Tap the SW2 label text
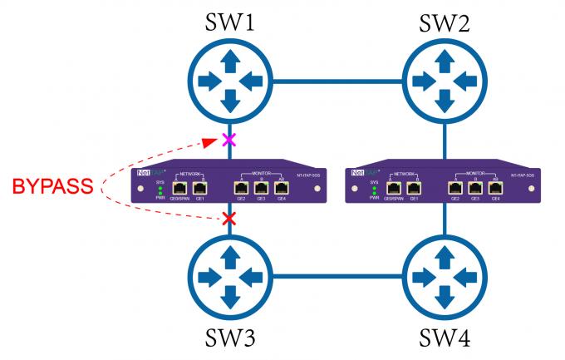pyautogui.click(x=446, y=22)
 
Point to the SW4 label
pyautogui.click(x=446, y=340)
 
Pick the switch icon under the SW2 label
pyautogui.click(x=446, y=81)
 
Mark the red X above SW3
pyautogui.click(x=230, y=219)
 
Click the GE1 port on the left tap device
pyautogui.click(x=199, y=189)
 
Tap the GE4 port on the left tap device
pyautogui.click(x=281, y=189)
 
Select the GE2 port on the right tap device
pyautogui.click(x=455, y=189)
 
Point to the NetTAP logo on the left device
pyautogui.click(x=149, y=174)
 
